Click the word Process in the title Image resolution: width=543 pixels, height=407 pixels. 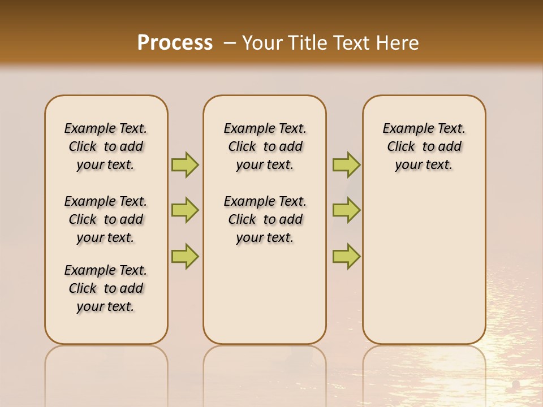(x=175, y=43)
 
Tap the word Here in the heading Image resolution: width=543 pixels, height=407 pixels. (x=398, y=43)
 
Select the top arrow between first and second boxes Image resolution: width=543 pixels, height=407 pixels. (x=185, y=164)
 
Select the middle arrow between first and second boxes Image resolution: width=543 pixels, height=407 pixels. (x=185, y=210)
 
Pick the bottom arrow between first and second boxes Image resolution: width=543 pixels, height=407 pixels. (x=185, y=256)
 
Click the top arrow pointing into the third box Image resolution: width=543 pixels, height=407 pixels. (x=346, y=164)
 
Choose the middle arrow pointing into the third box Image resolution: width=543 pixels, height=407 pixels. (x=346, y=210)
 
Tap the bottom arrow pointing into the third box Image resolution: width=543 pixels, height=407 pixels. (x=346, y=256)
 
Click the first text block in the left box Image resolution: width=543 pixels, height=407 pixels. (x=106, y=146)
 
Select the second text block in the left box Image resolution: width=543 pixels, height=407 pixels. (x=106, y=219)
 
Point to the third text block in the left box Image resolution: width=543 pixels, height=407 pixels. (x=106, y=288)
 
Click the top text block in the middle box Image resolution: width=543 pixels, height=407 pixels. (x=265, y=146)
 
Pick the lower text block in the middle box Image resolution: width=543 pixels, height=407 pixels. (x=265, y=219)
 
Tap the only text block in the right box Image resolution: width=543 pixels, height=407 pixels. (x=424, y=146)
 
